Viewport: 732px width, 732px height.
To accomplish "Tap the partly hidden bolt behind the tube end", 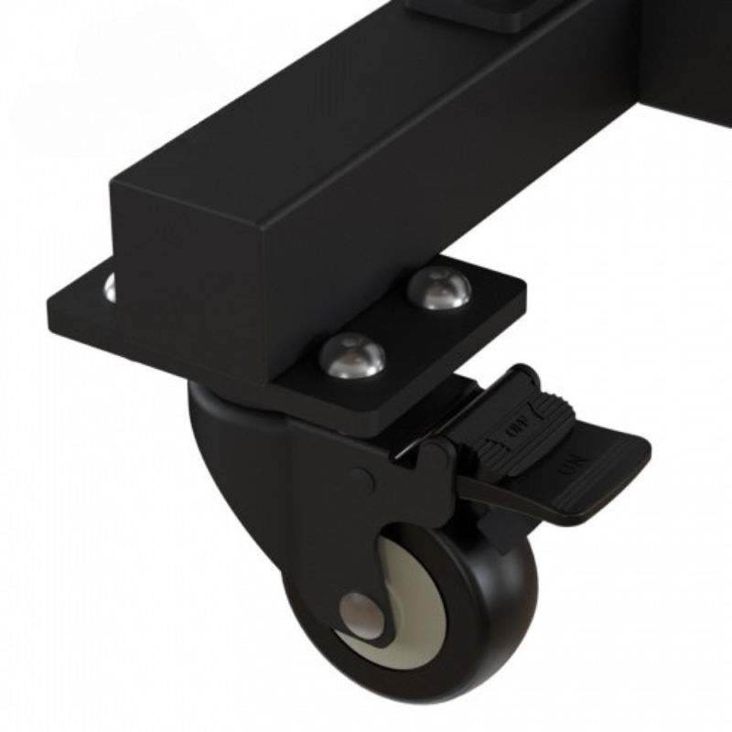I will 110,287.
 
